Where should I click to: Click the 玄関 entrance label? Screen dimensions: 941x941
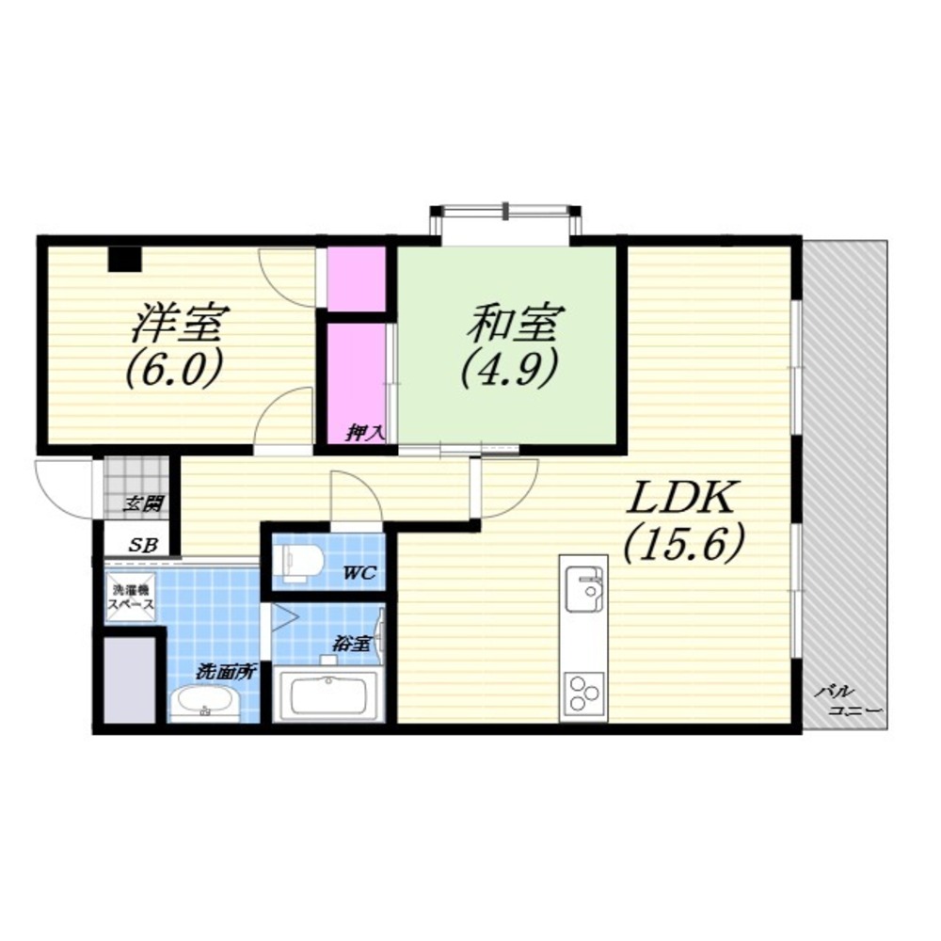click(x=143, y=502)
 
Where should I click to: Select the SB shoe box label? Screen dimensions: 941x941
click(x=144, y=545)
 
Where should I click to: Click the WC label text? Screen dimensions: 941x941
click(x=359, y=573)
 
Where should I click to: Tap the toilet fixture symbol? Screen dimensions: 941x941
click(x=299, y=563)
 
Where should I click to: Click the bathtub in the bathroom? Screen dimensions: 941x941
click(x=327, y=695)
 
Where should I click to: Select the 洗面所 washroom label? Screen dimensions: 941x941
click(x=226, y=672)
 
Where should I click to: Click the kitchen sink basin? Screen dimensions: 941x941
click(x=583, y=590)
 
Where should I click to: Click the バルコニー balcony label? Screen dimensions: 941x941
click(x=848, y=700)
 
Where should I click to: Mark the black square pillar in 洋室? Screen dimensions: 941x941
click(x=124, y=259)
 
